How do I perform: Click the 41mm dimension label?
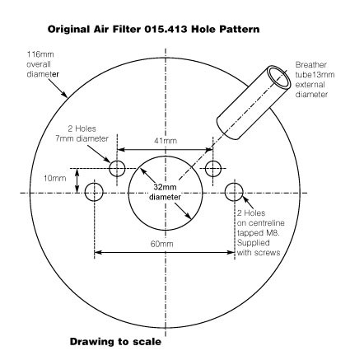166,141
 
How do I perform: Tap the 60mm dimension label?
162,244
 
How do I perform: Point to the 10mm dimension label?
55,178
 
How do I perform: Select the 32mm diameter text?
165,192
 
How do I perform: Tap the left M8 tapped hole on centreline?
94,193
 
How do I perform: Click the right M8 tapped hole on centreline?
234,193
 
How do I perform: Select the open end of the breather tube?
279,77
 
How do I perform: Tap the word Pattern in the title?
239,29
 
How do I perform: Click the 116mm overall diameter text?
43,64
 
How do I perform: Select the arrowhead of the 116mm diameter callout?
65,95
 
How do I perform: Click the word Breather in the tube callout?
311,65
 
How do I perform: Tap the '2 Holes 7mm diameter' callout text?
82,133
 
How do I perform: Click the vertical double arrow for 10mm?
77,180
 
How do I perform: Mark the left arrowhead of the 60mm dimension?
98,252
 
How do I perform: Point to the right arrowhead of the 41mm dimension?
209,150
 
